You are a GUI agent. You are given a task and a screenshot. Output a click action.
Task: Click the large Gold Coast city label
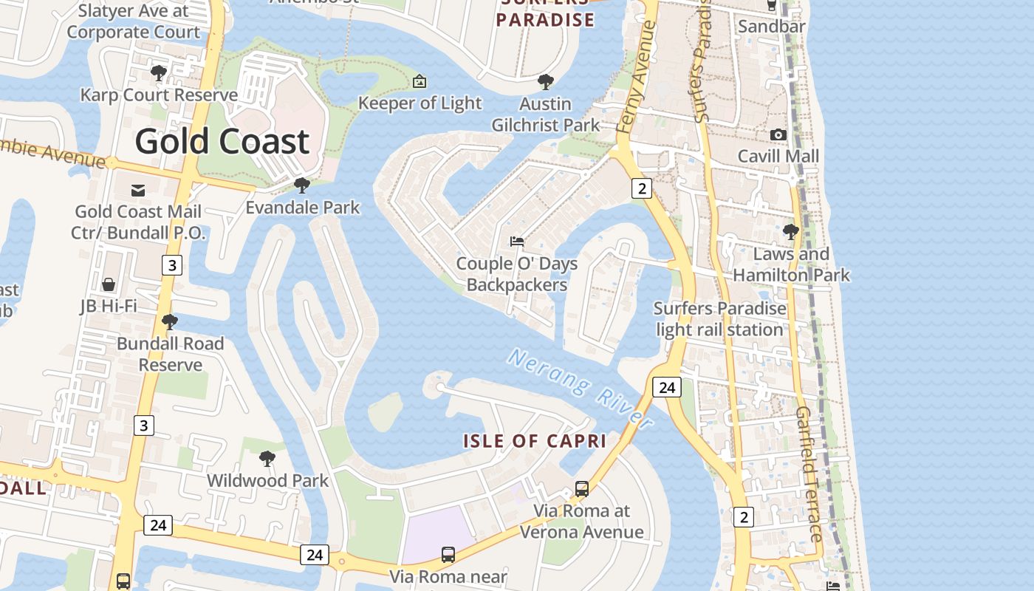coord(222,141)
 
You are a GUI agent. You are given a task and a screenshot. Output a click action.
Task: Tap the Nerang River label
coord(581,389)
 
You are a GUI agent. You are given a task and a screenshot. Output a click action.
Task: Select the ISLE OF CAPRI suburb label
coord(535,442)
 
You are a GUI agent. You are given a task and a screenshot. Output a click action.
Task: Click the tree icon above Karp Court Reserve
coord(158,73)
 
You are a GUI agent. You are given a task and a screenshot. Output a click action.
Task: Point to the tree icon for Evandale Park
coord(301,185)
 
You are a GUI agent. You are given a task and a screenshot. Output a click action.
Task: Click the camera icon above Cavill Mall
coord(778,134)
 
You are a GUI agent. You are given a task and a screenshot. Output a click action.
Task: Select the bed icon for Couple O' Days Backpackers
coord(517,242)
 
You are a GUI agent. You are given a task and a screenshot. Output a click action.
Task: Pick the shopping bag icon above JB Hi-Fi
coord(109,284)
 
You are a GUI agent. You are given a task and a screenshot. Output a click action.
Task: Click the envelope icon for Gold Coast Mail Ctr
coord(137,191)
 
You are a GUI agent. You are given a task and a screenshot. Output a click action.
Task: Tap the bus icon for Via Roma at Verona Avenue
coord(582,488)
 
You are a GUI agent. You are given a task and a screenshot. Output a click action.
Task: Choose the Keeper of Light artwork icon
coord(420,81)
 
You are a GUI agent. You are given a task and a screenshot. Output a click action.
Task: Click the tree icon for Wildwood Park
coord(267,459)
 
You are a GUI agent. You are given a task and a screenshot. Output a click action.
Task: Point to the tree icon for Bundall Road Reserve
coord(170,322)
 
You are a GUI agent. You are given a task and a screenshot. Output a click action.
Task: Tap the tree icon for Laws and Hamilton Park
coord(791,232)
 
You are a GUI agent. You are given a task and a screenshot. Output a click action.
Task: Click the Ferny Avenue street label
coord(637,78)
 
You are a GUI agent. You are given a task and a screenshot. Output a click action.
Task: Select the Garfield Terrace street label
coord(809,473)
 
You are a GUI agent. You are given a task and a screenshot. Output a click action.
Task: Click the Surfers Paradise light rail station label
coord(720,318)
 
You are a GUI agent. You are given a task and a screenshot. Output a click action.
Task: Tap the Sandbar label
coord(772,27)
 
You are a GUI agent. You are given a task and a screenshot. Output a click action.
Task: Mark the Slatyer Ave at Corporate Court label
coord(133,21)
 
